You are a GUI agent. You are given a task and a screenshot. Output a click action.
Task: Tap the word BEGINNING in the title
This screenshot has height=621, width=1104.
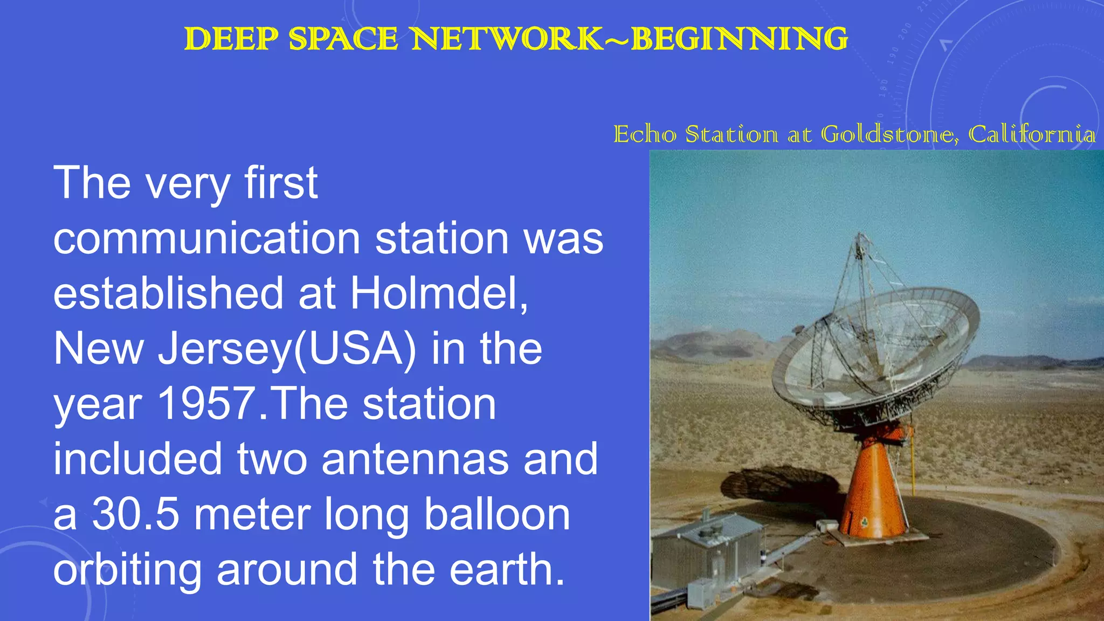pyautogui.click(x=740, y=39)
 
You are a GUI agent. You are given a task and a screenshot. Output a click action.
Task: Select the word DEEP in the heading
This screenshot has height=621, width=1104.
pyautogui.click(x=231, y=39)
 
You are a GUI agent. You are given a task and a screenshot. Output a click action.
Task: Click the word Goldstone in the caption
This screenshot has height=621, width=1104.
pyautogui.click(x=889, y=134)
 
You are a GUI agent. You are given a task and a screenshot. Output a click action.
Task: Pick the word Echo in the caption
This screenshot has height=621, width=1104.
pyautogui.click(x=645, y=134)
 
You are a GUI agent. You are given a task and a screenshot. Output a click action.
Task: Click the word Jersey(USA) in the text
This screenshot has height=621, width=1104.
pyautogui.click(x=287, y=349)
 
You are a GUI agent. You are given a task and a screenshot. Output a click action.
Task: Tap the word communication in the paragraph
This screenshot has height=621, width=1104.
pyautogui.click(x=206, y=238)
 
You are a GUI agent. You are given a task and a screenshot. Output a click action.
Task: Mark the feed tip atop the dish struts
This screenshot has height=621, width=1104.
pyautogui.click(x=860, y=237)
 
